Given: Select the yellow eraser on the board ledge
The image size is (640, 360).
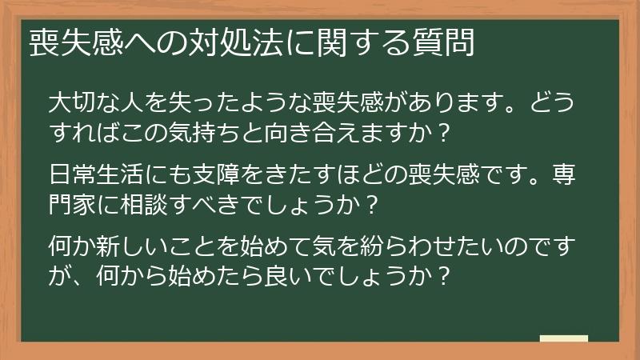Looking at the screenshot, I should (563, 338).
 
